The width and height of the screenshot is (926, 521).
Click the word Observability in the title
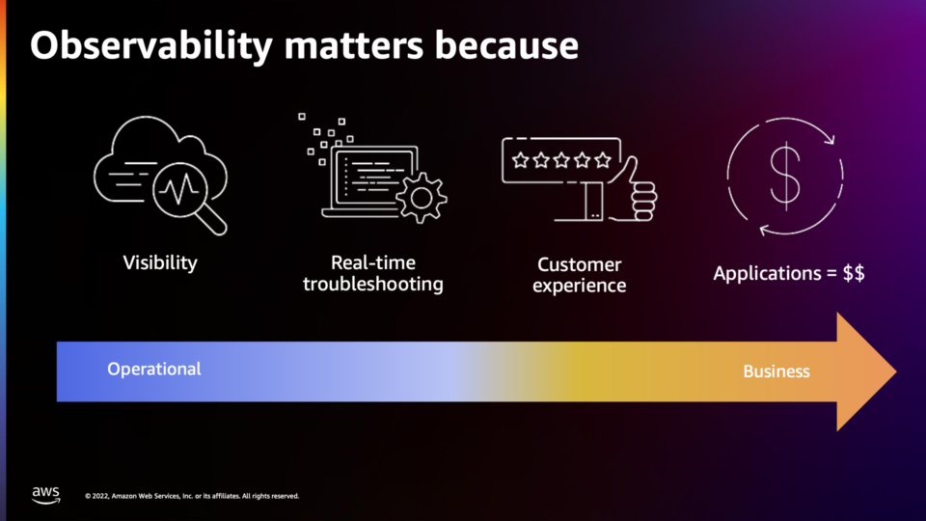click(x=151, y=46)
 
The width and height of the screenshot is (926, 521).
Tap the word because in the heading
click(x=506, y=45)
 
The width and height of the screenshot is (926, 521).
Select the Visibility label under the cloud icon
click(x=160, y=262)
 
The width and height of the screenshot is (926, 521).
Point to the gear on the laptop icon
click(x=422, y=198)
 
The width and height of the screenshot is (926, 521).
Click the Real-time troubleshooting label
click(x=373, y=273)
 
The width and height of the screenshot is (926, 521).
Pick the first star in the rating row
click(x=520, y=160)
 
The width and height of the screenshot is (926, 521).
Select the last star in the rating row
click(x=603, y=160)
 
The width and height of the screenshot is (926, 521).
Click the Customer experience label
click(x=580, y=275)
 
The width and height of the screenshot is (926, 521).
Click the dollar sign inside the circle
click(x=785, y=177)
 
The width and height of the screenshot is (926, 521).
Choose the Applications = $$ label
click(x=789, y=273)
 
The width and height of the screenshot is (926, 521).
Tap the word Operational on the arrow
click(x=154, y=370)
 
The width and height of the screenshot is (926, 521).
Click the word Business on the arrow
click(x=776, y=370)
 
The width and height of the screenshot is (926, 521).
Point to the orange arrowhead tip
click(x=896, y=371)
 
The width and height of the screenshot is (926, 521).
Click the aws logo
click(x=46, y=495)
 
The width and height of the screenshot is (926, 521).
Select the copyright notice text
click(x=192, y=496)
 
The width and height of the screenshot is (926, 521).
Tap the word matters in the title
click(x=354, y=45)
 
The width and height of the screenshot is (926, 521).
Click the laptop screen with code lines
click(x=373, y=175)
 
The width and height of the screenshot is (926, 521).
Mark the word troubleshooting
click(x=373, y=284)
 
